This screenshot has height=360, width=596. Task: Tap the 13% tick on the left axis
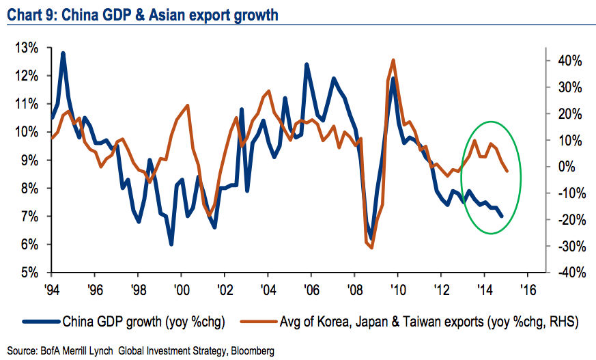pos(25,48)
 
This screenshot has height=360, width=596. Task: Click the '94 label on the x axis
pos(52,289)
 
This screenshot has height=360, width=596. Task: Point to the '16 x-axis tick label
pos(528,289)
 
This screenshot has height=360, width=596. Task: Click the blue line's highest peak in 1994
pos(63,53)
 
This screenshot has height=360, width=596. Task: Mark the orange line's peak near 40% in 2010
pos(393,60)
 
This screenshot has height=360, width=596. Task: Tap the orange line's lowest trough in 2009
pos(372,247)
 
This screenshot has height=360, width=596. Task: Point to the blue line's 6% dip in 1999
pos(171,244)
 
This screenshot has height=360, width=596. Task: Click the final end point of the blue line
pos(502,216)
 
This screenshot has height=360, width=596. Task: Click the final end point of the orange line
pos(507,171)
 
